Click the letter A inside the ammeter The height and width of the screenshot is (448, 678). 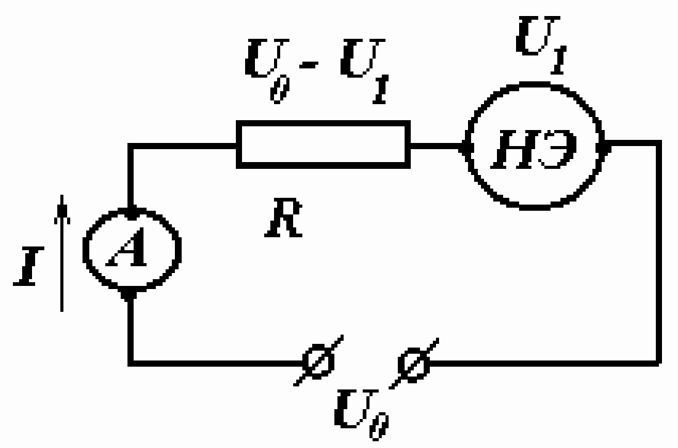(x=126, y=247)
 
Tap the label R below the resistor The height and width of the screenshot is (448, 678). (x=284, y=218)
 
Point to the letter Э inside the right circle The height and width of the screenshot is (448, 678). (x=558, y=149)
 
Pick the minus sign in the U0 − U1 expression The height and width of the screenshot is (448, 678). (x=309, y=65)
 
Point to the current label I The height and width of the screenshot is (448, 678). (x=28, y=266)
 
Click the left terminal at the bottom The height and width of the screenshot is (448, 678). (x=318, y=360)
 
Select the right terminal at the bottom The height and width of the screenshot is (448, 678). (x=414, y=364)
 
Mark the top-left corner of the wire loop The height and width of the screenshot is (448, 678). (x=131, y=146)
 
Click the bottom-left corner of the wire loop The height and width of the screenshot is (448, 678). (x=131, y=364)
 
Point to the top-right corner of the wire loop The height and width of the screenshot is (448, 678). (x=659, y=143)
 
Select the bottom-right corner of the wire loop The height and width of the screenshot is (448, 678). (x=659, y=364)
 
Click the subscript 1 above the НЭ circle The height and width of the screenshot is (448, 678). (x=558, y=60)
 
